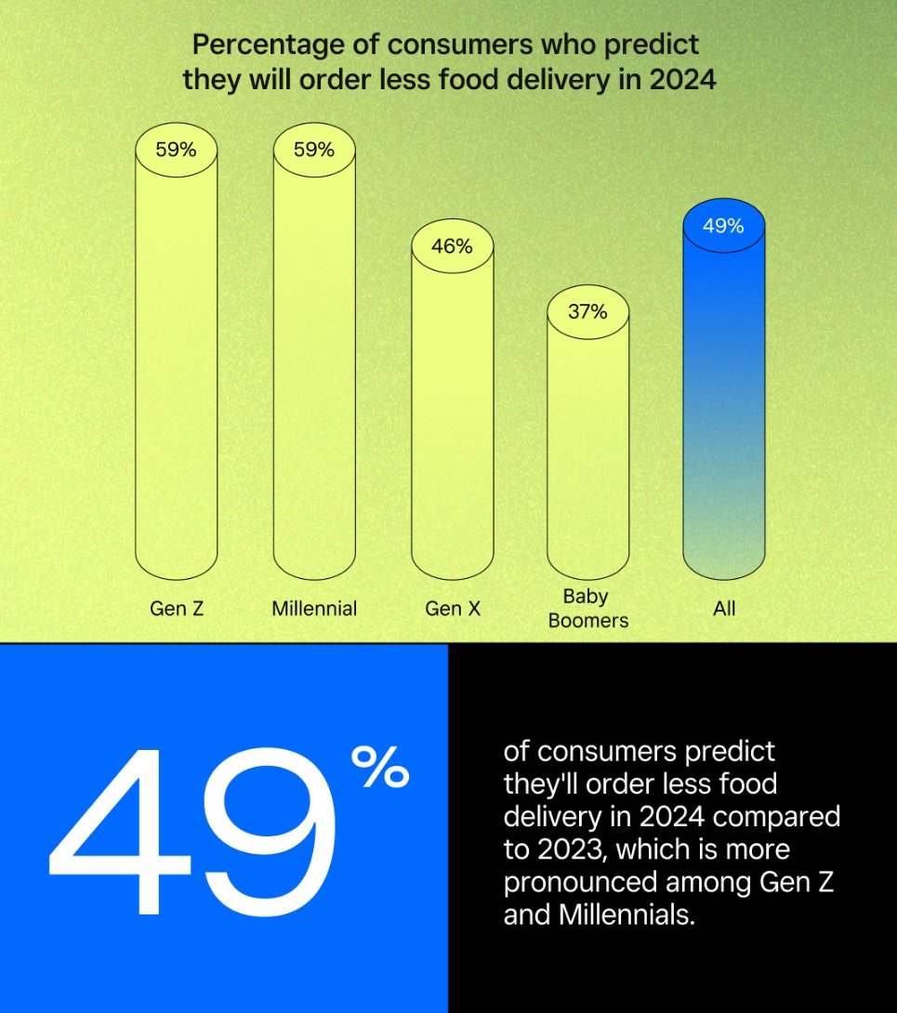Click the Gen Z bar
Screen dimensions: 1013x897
pyautogui.click(x=176, y=362)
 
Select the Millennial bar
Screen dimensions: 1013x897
pyautogui.click(x=314, y=362)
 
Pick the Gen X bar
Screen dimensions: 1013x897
pyautogui.click(x=452, y=409)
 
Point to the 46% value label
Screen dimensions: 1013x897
pyautogui.click(x=452, y=246)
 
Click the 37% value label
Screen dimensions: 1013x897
pyautogui.click(x=587, y=311)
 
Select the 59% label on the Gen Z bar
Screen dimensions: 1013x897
pyautogui.click(x=176, y=149)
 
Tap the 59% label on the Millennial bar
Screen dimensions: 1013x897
pyautogui.click(x=314, y=149)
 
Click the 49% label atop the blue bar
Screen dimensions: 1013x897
pyautogui.click(x=723, y=226)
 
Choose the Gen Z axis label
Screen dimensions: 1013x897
pyautogui.click(x=176, y=610)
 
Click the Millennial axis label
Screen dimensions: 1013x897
pyautogui.click(x=314, y=610)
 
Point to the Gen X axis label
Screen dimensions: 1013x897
pyautogui.click(x=452, y=610)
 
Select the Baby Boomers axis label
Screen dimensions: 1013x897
pyautogui.click(x=587, y=609)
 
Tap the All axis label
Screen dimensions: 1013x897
pyautogui.click(x=723, y=610)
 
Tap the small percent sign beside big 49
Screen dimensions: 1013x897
pyautogui.click(x=379, y=770)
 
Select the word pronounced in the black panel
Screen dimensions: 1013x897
pyautogui.click(x=588, y=881)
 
